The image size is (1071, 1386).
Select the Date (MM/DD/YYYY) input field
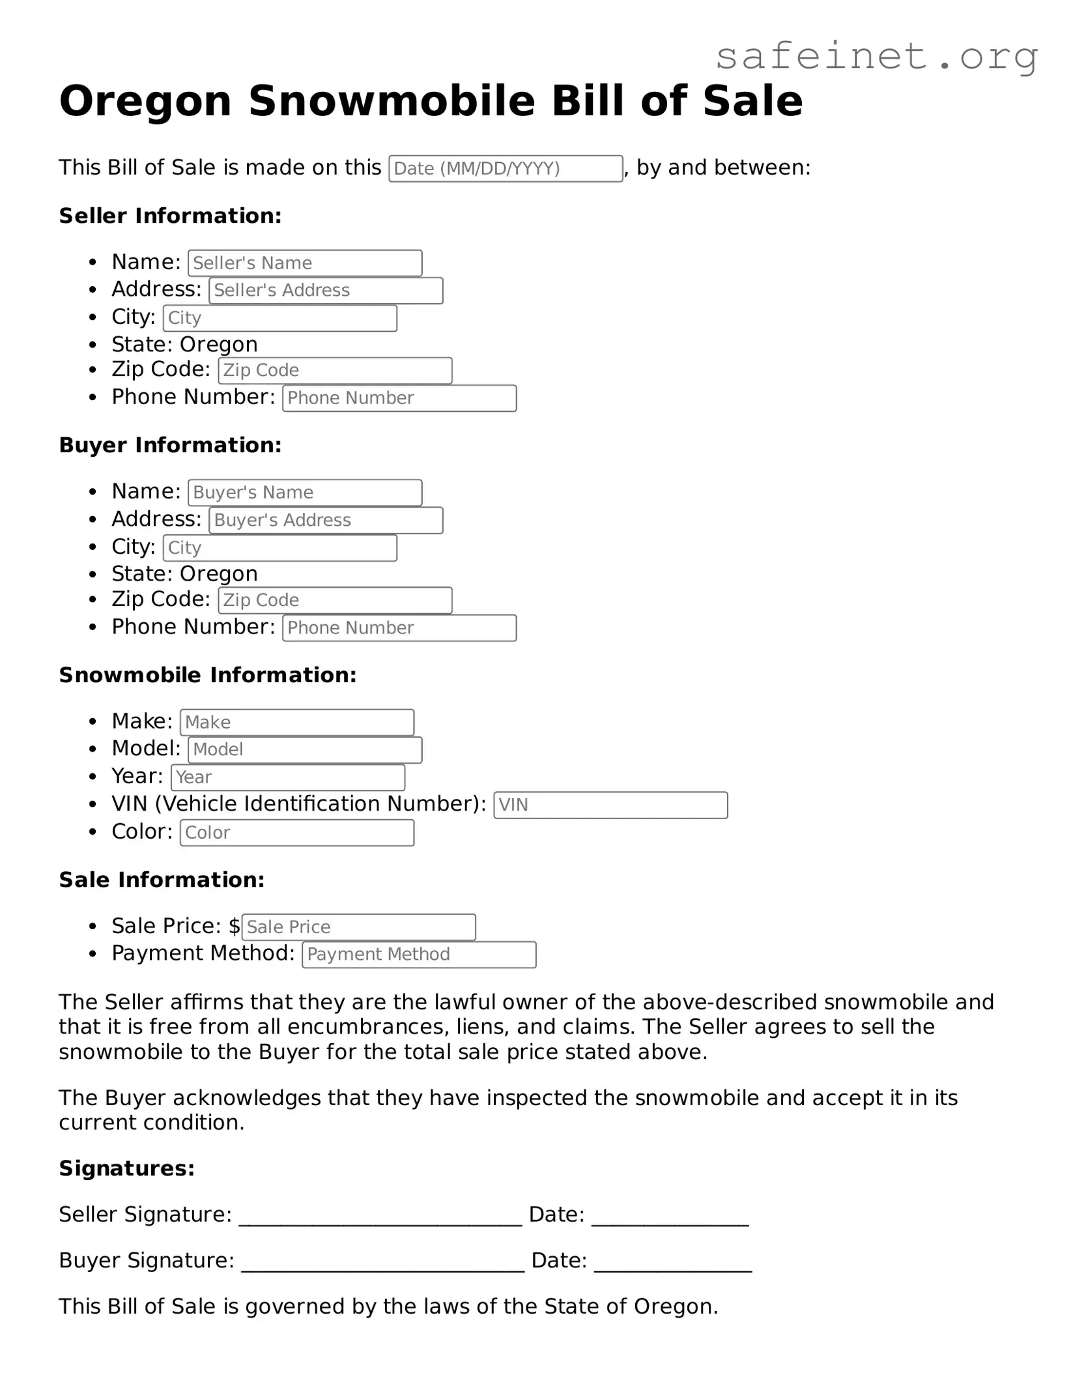pyautogui.click(x=505, y=169)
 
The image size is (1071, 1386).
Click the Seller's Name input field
pyautogui.click(x=304, y=263)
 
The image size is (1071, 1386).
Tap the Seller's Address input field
pyautogui.click(x=325, y=291)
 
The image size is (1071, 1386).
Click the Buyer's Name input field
pyautogui.click(x=304, y=493)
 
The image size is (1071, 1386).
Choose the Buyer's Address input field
pyautogui.click(x=325, y=521)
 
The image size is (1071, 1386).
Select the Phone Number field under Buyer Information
pyautogui.click(x=399, y=628)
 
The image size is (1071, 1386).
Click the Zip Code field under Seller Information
pyautogui.click(x=334, y=371)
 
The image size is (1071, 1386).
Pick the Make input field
pyautogui.click(x=296, y=723)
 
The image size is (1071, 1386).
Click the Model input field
pyautogui.click(x=304, y=750)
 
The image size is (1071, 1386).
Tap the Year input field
pyautogui.click(x=287, y=777)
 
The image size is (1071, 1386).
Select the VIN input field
pyautogui.click(x=610, y=805)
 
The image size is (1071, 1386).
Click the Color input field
pyautogui.click(x=296, y=833)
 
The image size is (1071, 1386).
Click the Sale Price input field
pyautogui.click(x=358, y=927)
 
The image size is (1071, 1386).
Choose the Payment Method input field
pyautogui.click(x=418, y=955)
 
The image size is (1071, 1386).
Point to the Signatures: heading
pyautogui.click(x=126, y=1169)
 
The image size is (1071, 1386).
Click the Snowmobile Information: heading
pyautogui.click(x=207, y=676)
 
